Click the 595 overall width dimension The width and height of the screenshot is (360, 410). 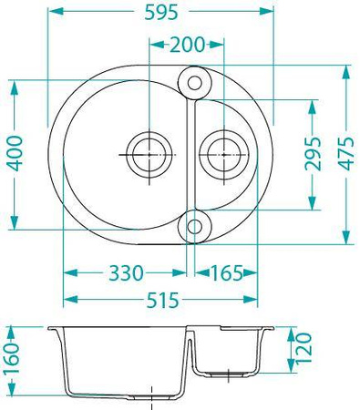[x=160, y=13]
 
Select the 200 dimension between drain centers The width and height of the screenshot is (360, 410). [x=187, y=45]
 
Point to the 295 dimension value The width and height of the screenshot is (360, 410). [x=313, y=154]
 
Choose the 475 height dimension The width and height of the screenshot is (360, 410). [x=346, y=153]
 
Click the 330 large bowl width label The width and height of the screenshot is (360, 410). [x=126, y=272]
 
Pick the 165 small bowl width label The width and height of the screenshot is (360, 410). [x=227, y=272]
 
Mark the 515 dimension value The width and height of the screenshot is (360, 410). [x=162, y=300]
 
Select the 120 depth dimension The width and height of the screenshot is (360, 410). [x=303, y=348]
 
